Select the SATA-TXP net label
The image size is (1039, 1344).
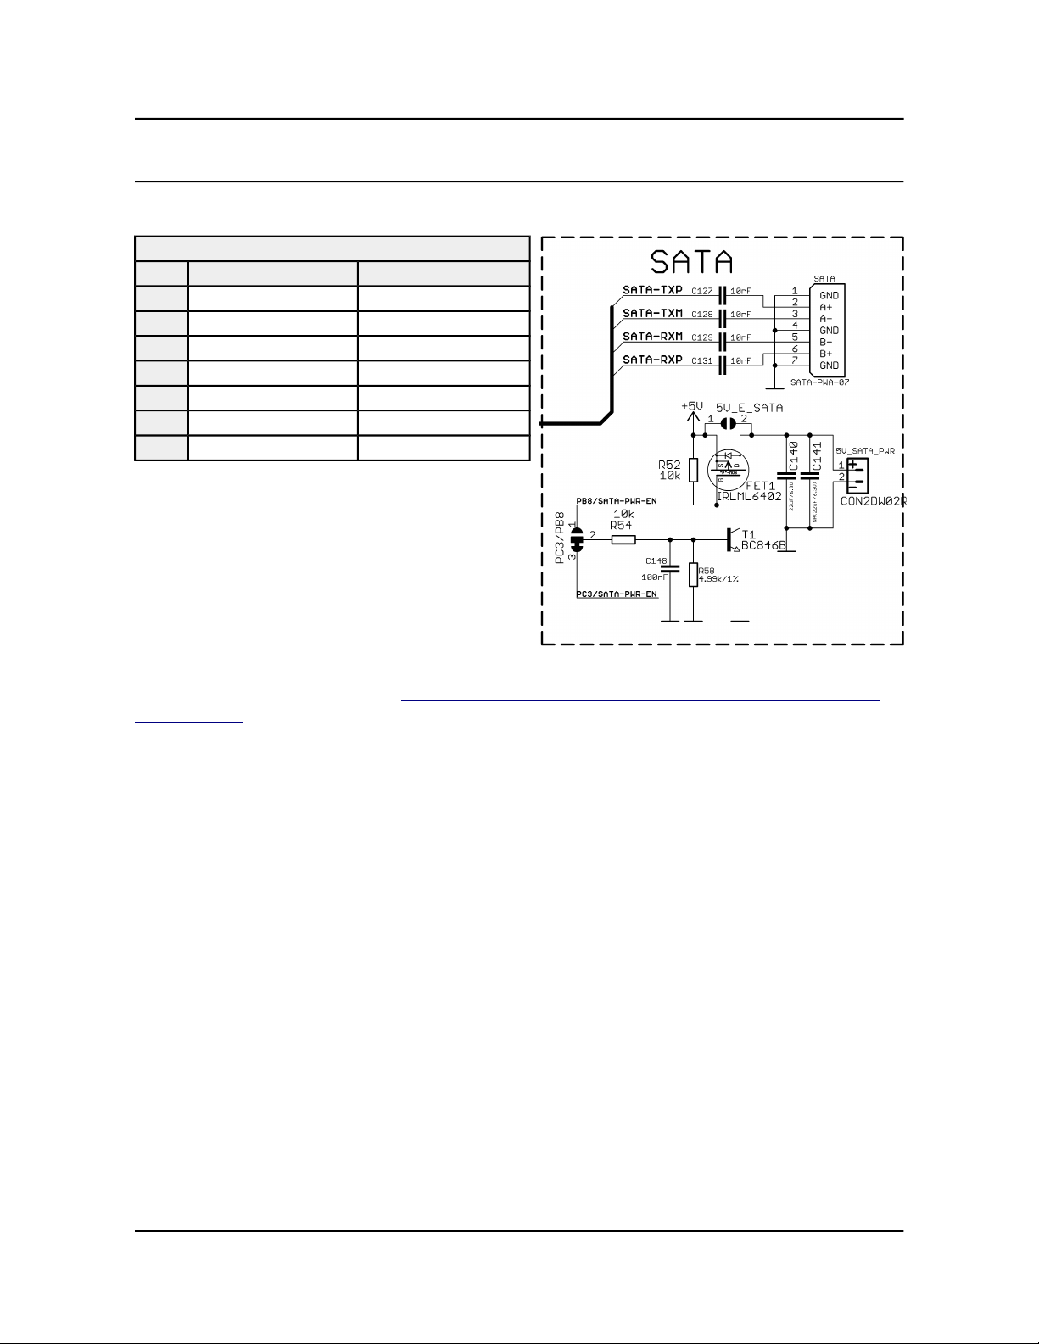[x=652, y=290]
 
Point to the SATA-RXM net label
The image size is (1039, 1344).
[x=652, y=337]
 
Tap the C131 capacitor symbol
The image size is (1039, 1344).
[x=723, y=364]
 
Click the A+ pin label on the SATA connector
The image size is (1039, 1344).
[x=825, y=307]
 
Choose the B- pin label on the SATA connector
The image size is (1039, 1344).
[x=825, y=342]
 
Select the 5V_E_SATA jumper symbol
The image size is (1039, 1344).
[x=727, y=423]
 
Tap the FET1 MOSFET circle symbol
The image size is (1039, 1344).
[x=729, y=467]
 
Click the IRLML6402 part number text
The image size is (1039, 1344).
[x=749, y=496]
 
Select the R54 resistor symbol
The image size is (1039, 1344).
[x=623, y=538]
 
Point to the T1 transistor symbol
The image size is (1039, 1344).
[x=731, y=539]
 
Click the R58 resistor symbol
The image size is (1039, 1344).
[x=693, y=575]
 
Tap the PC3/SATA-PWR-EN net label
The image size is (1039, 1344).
[x=617, y=594]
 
